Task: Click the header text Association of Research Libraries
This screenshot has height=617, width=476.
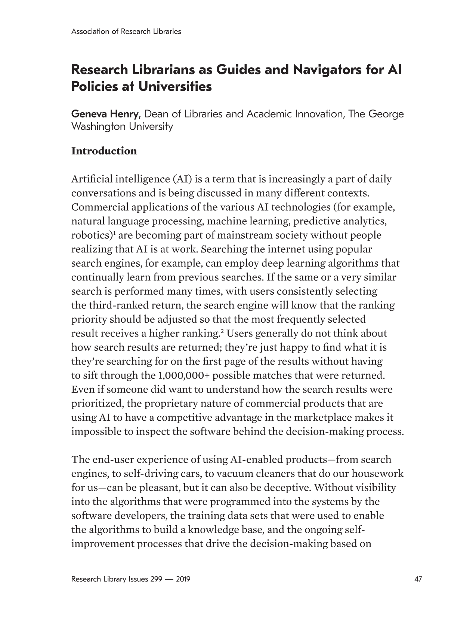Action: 126,32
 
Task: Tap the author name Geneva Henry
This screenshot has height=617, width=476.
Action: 105,114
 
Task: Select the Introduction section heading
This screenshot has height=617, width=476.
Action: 104,151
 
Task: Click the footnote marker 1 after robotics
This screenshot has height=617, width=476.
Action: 114,233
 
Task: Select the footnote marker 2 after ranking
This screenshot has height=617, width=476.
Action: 222,331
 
